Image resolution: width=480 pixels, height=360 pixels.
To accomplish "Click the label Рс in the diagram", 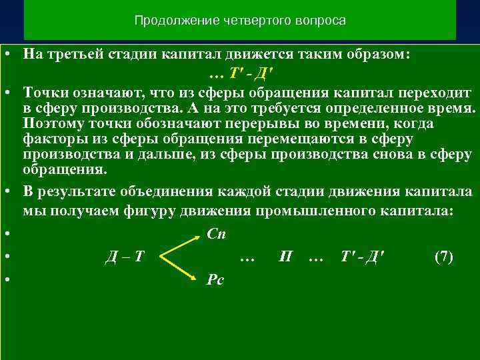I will (215, 281).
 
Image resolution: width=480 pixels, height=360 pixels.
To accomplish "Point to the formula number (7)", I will (443, 257).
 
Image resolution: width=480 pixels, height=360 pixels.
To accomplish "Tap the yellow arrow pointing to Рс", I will (180, 269).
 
